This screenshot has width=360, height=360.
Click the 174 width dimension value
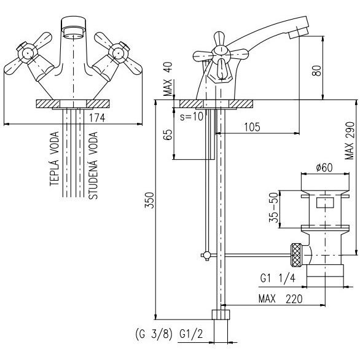pyautogui.click(x=97, y=118)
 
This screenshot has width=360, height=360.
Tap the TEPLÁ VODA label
pyautogui.click(x=55, y=158)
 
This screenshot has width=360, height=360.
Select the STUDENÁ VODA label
pyautogui.click(x=93, y=165)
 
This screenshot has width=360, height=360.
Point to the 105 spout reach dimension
pyautogui.click(x=252, y=127)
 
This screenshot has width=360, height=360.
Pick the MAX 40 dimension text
pyautogui.click(x=168, y=79)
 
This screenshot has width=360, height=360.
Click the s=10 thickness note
pyautogui.click(x=192, y=117)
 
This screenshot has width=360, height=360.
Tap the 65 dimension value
pyautogui.click(x=168, y=135)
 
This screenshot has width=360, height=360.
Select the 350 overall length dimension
pyautogui.click(x=149, y=200)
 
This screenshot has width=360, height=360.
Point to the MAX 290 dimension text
pyautogui.click(x=350, y=141)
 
